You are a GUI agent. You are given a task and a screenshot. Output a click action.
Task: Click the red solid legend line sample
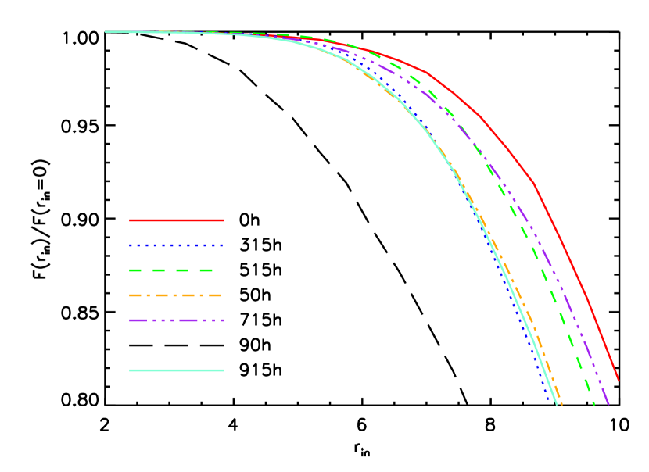177,220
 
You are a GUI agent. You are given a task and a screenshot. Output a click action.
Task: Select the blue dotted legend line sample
177,245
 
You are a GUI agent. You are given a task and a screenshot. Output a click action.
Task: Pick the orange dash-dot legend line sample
176,295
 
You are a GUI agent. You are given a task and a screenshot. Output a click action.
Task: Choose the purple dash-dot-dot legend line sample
177,320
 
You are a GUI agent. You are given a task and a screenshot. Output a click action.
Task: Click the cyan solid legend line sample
177,370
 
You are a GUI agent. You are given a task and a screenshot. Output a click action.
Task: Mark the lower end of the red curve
619,381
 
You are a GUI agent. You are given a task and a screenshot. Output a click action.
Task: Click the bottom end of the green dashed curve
594,404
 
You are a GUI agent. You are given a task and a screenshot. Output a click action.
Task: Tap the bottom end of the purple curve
608,404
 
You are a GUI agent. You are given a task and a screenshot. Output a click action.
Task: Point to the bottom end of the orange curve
561,404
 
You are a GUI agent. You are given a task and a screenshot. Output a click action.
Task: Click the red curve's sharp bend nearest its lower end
534,184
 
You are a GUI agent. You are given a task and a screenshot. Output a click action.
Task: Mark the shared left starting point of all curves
106,32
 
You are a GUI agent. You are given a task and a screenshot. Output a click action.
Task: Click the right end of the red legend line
224,220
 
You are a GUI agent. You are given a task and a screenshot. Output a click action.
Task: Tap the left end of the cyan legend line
131,370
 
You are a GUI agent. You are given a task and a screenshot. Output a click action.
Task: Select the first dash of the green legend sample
135,270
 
